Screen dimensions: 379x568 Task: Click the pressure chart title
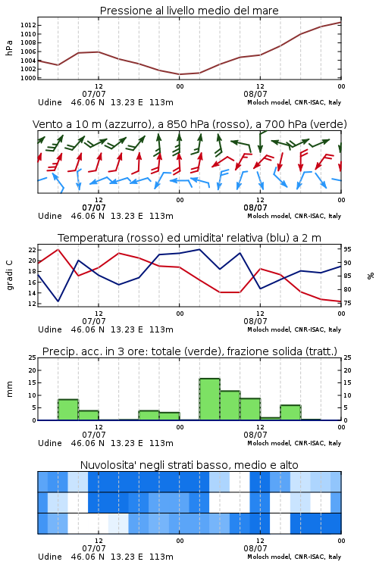(189, 11)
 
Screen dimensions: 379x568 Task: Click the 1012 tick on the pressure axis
(28, 25)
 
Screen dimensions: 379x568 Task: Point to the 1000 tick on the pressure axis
(28, 78)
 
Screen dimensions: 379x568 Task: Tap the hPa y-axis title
(9, 48)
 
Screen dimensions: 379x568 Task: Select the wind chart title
(189, 125)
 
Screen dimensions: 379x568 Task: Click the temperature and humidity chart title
(189, 238)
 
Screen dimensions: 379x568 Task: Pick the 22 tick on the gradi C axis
(32, 250)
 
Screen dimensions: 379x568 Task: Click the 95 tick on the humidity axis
(347, 250)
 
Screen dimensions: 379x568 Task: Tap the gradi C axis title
(10, 275)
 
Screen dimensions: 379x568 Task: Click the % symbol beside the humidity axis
(371, 276)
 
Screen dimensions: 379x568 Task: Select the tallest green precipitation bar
(210, 399)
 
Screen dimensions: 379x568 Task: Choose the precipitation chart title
(189, 351)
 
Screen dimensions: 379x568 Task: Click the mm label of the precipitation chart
(9, 389)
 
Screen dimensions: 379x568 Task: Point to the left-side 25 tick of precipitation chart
(32, 357)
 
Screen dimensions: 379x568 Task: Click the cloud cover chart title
(189, 465)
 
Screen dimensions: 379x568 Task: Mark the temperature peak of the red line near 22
(58, 249)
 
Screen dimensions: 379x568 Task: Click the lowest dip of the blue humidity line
(58, 301)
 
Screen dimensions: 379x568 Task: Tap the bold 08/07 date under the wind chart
(255, 208)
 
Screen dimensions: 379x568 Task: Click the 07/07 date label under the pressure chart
(94, 94)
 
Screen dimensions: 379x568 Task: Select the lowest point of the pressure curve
(180, 74)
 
